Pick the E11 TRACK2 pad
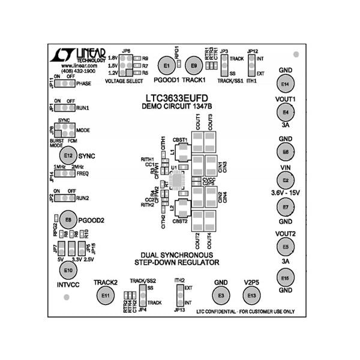(x=106, y=295)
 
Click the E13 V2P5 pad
(x=251, y=295)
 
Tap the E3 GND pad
(x=221, y=295)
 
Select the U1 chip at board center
(x=178, y=180)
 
